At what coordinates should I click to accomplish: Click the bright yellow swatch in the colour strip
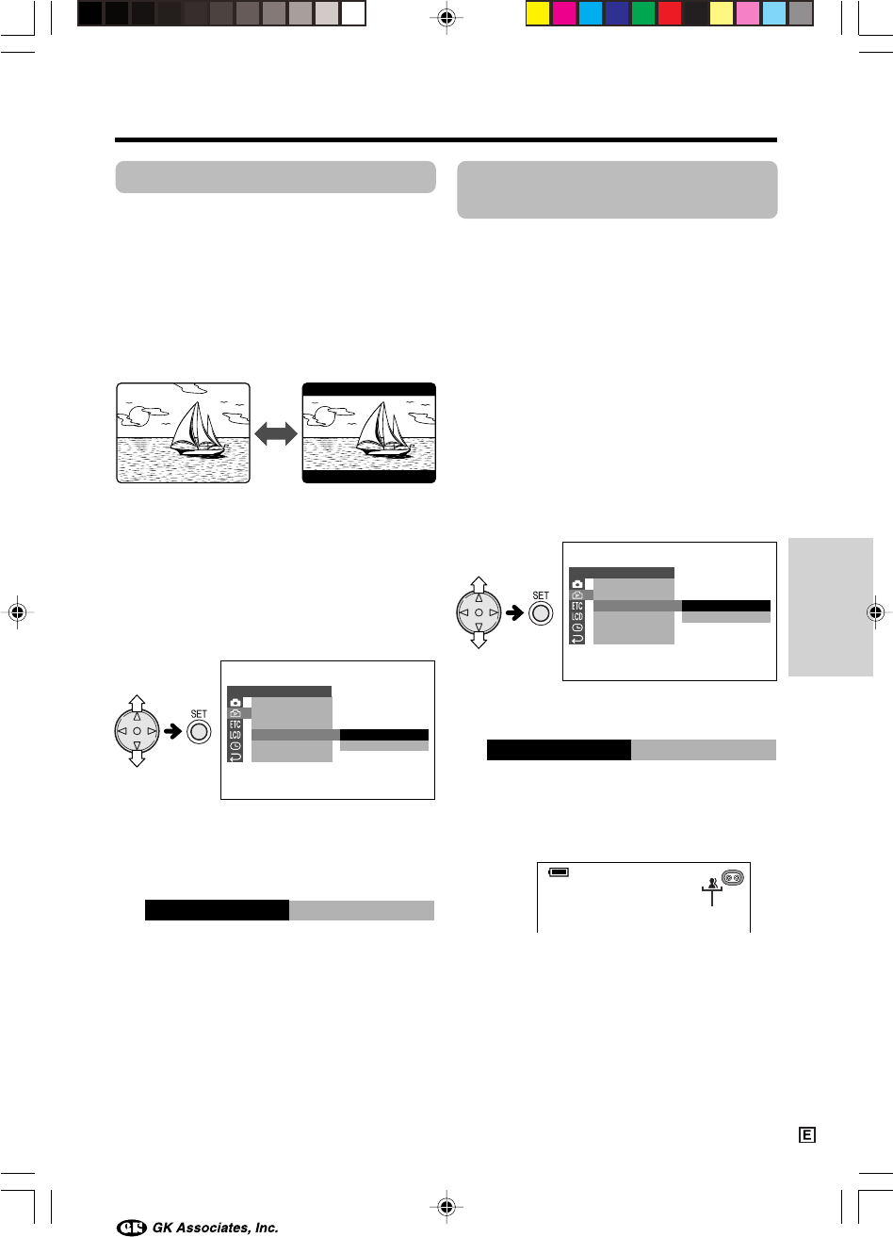coord(537,14)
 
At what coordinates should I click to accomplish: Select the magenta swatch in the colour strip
coord(564,14)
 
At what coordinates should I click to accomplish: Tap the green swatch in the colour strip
coord(642,14)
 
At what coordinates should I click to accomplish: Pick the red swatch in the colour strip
coord(670,14)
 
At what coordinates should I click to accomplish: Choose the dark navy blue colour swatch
coord(617,14)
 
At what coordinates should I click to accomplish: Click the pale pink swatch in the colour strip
coord(748,14)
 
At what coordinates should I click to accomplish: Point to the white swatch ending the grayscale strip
coord(353,14)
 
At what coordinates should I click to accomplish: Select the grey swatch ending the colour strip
coord(801,14)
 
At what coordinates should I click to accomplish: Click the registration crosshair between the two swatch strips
coord(446,18)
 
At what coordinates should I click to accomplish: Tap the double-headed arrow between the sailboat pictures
coord(276,433)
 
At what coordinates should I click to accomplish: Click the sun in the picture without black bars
coord(138,416)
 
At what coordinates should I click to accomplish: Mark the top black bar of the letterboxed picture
coord(369,389)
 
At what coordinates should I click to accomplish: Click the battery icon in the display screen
coord(559,872)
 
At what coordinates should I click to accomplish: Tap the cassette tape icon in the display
coord(732,877)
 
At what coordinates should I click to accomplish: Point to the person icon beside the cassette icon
coord(713,883)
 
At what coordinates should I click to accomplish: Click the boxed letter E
coord(807,1135)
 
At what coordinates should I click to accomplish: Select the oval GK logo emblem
coord(132,1227)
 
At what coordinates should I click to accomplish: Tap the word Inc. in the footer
coord(267,1228)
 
